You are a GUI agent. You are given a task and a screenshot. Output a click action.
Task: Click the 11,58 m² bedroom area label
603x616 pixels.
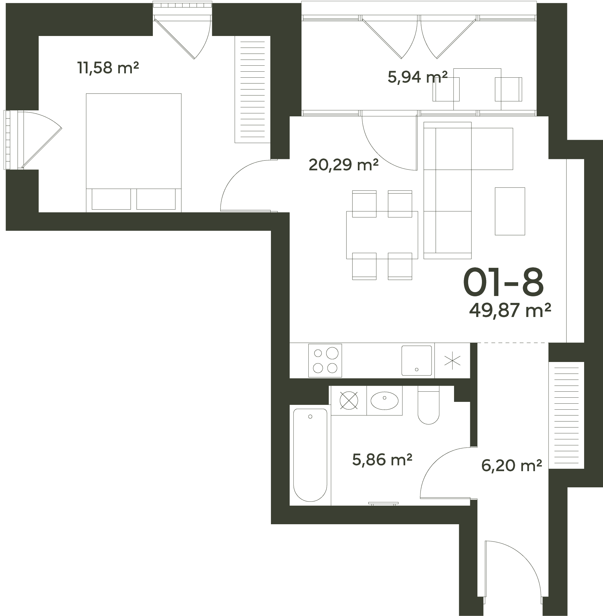coord(108,68)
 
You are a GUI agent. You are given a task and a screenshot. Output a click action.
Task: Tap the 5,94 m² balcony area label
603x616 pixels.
coord(417,77)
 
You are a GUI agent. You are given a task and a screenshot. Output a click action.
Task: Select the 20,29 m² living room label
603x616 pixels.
coord(344,165)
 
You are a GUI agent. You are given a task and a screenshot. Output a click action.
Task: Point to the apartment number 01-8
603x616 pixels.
coord(503,282)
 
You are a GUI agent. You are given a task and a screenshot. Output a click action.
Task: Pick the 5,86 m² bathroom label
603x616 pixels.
coord(382,460)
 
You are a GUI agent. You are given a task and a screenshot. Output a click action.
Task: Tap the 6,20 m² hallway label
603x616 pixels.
coord(512,466)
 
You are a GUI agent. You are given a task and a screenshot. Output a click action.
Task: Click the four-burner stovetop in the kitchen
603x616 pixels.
coord(325,360)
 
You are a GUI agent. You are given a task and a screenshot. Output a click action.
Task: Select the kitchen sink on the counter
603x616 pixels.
coord(417,360)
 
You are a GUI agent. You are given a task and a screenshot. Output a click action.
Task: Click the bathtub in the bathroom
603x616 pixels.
coord(310,455)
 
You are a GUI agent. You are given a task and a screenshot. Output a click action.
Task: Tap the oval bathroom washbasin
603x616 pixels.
coord(385,401)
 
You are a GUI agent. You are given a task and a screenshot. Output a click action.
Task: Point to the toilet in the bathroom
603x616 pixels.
coord(429,405)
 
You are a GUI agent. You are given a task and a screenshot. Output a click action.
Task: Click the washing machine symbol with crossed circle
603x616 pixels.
coord(349,400)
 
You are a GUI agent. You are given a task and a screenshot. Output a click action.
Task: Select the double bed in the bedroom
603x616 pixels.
coord(134,153)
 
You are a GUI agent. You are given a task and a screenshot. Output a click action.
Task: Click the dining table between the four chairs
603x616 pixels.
coord(382,235)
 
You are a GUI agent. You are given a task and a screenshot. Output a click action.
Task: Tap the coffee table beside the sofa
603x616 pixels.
coord(510,211)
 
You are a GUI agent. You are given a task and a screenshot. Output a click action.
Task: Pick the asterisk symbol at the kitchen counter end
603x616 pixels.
coord(452,360)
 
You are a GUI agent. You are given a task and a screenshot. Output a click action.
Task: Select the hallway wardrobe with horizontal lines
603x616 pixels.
coord(566,415)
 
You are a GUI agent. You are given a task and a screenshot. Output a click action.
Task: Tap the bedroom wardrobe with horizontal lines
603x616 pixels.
coord(252,89)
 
